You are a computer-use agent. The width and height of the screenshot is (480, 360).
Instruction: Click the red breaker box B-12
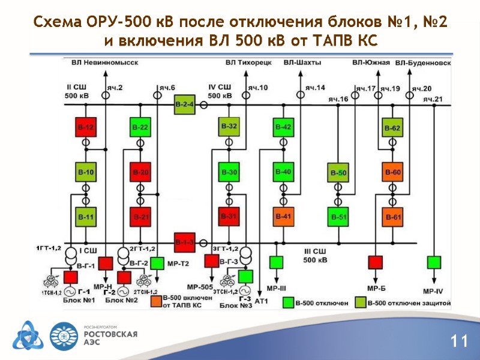coord(85,127)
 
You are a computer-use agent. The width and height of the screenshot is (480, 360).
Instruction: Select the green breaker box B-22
coord(140,127)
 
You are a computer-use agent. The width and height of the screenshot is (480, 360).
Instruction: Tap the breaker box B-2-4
coord(184,105)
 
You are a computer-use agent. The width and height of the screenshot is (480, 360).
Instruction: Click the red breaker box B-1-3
coord(184,242)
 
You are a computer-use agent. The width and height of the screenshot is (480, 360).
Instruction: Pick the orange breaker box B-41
coord(283,216)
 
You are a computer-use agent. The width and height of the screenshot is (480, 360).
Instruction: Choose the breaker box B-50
coord(338,173)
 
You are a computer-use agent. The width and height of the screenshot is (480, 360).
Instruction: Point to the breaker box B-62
coord(392,128)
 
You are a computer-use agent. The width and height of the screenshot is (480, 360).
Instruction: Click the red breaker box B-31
coord(229,216)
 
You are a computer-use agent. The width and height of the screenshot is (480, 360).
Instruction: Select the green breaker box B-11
coord(85,216)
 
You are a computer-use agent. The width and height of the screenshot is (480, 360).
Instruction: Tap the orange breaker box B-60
coord(392,173)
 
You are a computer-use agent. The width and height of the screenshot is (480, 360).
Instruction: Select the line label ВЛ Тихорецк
coord(249,62)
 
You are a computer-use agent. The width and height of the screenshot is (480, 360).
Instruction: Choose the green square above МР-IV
coord(433,262)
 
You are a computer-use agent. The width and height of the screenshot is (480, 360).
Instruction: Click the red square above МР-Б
coord(376,262)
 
